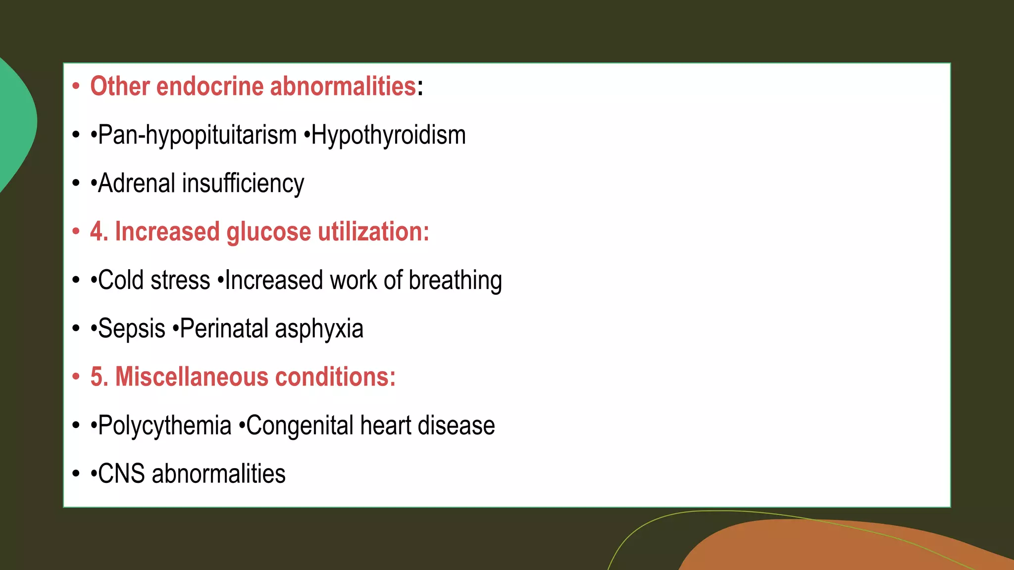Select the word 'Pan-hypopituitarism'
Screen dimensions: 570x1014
click(x=198, y=135)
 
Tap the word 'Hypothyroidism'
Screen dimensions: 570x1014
click(x=389, y=135)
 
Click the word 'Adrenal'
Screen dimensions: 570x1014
click(x=136, y=184)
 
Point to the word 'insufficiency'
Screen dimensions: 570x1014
click(x=243, y=184)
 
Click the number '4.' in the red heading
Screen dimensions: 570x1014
click(x=99, y=232)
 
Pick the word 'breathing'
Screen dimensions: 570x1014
click(x=455, y=280)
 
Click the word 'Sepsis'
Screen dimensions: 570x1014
click(x=132, y=329)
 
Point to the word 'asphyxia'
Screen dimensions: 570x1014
click(x=319, y=329)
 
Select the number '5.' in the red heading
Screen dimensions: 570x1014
click(x=99, y=377)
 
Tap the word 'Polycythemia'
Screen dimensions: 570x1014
click(x=165, y=426)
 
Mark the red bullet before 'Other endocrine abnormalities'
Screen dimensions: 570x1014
click(x=76, y=87)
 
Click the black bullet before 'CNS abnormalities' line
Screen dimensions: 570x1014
click(x=76, y=474)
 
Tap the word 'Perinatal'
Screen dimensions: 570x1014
click(x=223, y=329)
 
